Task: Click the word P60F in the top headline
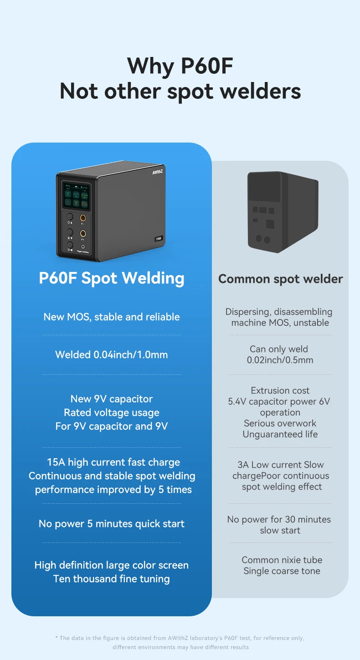point(207,66)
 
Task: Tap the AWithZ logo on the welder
point(157,172)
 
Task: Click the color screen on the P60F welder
point(76,194)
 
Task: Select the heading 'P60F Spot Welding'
point(112,278)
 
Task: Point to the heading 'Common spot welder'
point(280,279)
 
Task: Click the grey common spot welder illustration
point(282,212)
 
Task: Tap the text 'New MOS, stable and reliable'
point(112,317)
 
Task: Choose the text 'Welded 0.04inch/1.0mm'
point(112,354)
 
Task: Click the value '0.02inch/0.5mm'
point(280,360)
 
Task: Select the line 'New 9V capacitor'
point(112,399)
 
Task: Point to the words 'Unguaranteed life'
point(280,434)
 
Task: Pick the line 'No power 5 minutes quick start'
point(112,524)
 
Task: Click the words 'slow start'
point(280,530)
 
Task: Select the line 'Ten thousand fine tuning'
point(112,579)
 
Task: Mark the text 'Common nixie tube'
point(282,560)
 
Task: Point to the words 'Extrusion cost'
point(280,390)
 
